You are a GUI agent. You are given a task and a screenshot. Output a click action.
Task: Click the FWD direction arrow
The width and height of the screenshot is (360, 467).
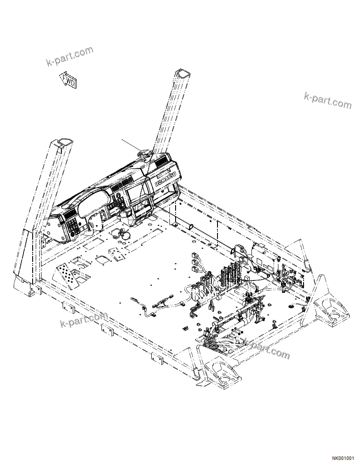click(68, 80)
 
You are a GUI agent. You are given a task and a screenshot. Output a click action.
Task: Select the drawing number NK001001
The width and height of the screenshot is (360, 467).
click(343, 459)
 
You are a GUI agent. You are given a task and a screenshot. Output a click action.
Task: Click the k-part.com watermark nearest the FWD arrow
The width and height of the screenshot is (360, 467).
click(70, 56)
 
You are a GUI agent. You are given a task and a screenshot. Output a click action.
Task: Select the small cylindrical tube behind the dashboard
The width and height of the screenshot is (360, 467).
click(191, 226)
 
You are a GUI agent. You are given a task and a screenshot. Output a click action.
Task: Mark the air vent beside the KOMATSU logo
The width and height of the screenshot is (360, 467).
click(162, 161)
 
